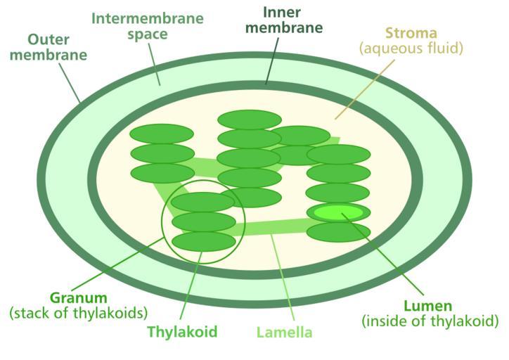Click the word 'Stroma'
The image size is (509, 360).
(x=411, y=33)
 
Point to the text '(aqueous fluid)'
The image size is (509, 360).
(x=411, y=49)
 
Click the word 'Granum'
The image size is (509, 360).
(x=79, y=297)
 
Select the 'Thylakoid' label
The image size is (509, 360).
(x=182, y=331)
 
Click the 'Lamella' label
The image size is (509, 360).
(x=284, y=332)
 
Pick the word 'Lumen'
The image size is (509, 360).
(x=427, y=306)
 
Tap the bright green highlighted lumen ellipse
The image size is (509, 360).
(x=339, y=212)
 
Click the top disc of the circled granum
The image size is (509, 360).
(x=202, y=202)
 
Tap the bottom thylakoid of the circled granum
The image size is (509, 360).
(x=203, y=241)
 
